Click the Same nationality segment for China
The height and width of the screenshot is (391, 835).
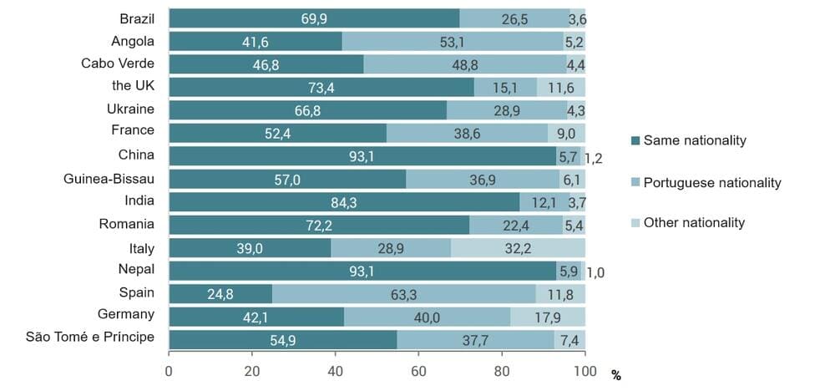(x=362, y=155)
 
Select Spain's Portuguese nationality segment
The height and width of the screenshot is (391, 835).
(x=403, y=294)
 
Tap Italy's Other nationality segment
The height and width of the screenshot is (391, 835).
(x=518, y=248)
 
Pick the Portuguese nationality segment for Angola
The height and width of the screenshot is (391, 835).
(x=453, y=41)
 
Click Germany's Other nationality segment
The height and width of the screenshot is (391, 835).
(x=548, y=317)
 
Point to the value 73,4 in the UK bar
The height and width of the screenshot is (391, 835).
(x=321, y=87)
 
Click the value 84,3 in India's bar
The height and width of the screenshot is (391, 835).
(x=344, y=202)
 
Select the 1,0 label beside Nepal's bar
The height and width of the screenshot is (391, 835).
(x=595, y=272)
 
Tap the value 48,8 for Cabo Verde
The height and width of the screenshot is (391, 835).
(x=464, y=64)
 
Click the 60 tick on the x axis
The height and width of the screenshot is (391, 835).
(x=419, y=371)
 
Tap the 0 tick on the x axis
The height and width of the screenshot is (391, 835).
(x=169, y=371)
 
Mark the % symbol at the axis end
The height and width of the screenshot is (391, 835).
(x=616, y=376)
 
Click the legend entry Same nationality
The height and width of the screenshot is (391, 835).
(x=695, y=141)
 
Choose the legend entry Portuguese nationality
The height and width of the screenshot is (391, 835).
(x=712, y=182)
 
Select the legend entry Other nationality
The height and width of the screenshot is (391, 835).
(x=695, y=223)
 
